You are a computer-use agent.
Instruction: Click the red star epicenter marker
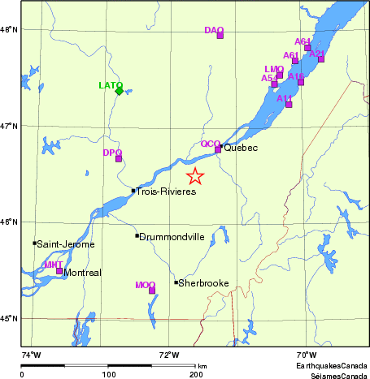(195, 176)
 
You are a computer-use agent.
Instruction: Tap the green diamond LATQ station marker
(120, 91)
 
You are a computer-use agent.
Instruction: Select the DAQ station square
(220, 35)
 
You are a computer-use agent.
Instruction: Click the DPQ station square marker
(119, 158)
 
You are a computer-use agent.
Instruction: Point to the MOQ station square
(152, 290)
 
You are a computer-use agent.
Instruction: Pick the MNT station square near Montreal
(59, 270)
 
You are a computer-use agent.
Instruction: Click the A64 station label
(303, 41)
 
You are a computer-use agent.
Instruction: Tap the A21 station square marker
(321, 58)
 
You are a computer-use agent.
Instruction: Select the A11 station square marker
(289, 104)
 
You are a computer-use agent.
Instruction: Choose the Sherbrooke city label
(203, 284)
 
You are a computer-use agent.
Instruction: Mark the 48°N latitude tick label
(9, 30)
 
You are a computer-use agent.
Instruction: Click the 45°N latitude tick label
(9, 318)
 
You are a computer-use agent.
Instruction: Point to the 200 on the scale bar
(195, 375)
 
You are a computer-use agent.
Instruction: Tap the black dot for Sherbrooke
(176, 282)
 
